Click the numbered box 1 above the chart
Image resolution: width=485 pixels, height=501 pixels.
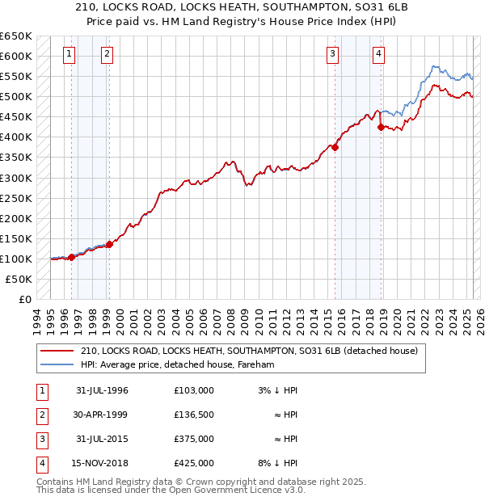tap(70, 55)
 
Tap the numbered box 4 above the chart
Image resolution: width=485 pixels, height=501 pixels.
tap(378, 55)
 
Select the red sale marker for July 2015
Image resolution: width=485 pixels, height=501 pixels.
tap(335, 147)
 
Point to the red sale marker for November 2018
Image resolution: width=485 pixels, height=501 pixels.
tap(381, 127)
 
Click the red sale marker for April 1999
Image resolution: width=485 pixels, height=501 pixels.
tap(109, 243)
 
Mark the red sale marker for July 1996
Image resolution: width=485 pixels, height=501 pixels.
tap(71, 257)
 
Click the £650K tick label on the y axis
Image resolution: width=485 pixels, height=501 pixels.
tap(16, 36)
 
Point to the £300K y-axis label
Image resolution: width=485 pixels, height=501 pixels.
tap(16, 178)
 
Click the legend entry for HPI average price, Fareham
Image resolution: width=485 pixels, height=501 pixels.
tap(178, 365)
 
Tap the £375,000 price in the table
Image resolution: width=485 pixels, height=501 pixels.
tap(194, 440)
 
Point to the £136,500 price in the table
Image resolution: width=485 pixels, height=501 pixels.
tap(194, 415)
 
